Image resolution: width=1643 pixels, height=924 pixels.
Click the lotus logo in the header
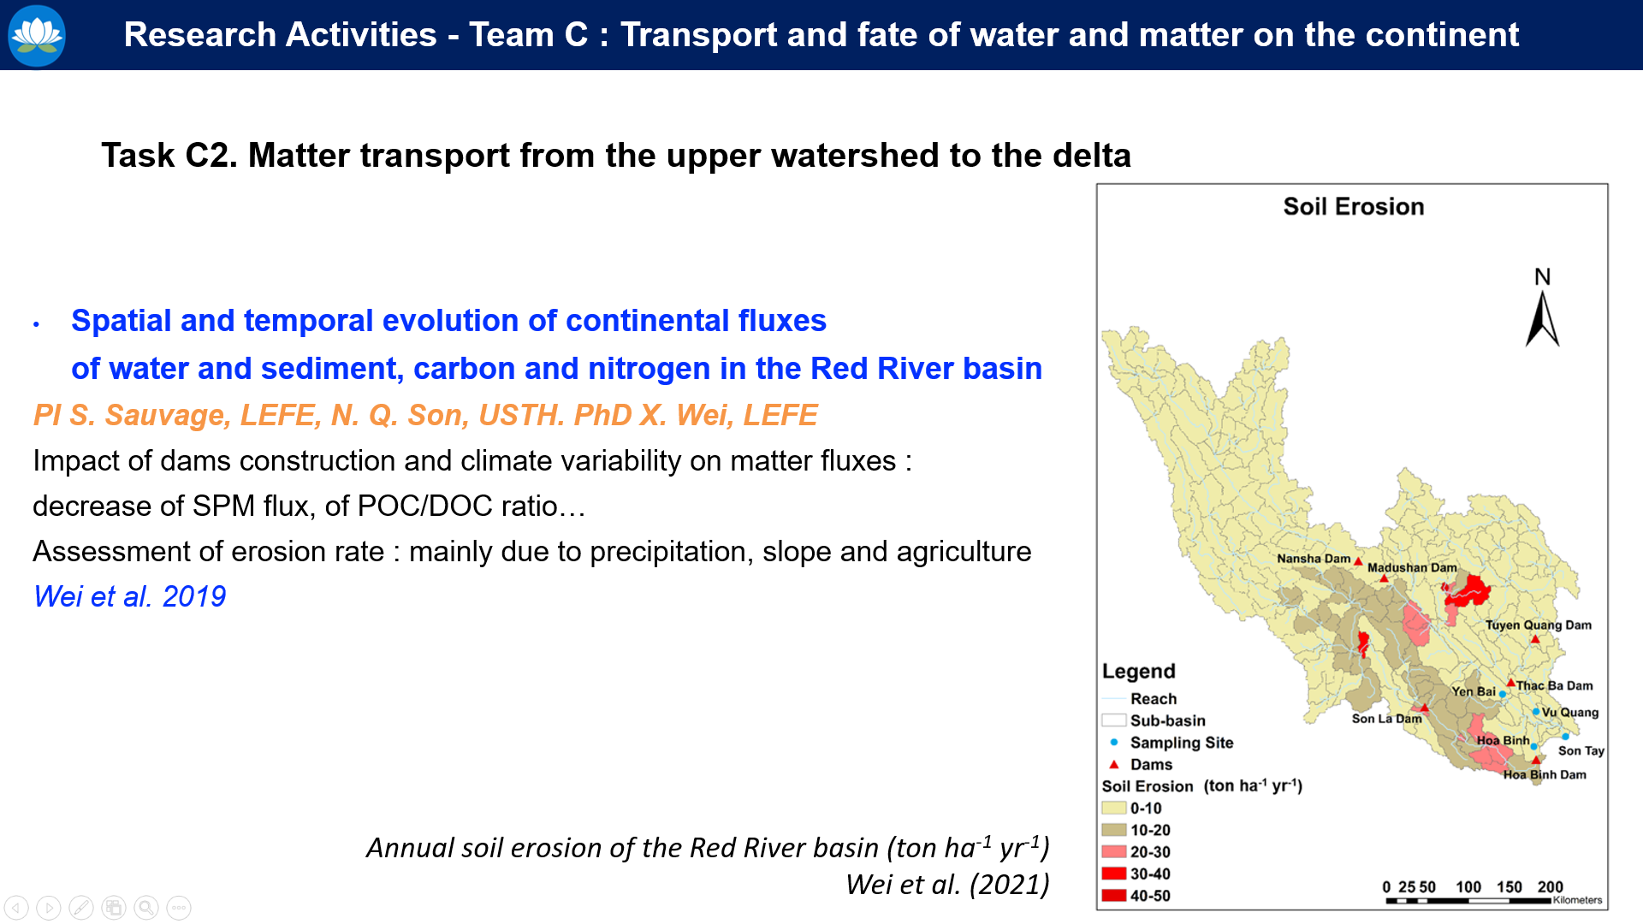pos(36,35)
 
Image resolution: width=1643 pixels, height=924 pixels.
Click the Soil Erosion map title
pos(1354,206)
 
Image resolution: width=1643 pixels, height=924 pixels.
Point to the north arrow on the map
pos(1542,317)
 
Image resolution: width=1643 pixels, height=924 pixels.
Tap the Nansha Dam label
pos(1314,559)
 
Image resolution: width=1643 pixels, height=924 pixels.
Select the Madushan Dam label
pos(1412,567)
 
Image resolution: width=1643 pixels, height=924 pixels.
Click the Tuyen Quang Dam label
pos(1539,625)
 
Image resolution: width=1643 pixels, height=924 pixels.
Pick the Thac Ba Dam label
pos(1555,685)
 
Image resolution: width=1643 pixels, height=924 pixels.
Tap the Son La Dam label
pos(1386,719)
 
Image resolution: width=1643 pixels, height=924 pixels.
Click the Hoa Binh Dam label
pos(1545,774)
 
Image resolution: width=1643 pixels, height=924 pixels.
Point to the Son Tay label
pos(1581,750)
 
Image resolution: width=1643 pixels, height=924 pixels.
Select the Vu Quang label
pos(1570,712)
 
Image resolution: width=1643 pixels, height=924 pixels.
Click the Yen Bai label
pos(1474,691)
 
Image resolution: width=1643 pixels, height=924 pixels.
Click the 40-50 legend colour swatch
pos(1113,896)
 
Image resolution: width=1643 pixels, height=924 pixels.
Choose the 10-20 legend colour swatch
pos(1113,830)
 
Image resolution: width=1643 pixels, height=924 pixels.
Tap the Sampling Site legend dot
pos(1114,742)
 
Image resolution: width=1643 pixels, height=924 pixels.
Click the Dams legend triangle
pos(1114,764)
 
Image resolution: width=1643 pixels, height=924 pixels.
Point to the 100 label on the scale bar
pos(1468,886)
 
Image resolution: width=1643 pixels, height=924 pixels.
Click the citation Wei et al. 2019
pos(130,596)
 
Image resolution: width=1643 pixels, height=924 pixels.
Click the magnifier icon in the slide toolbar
pos(146,907)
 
